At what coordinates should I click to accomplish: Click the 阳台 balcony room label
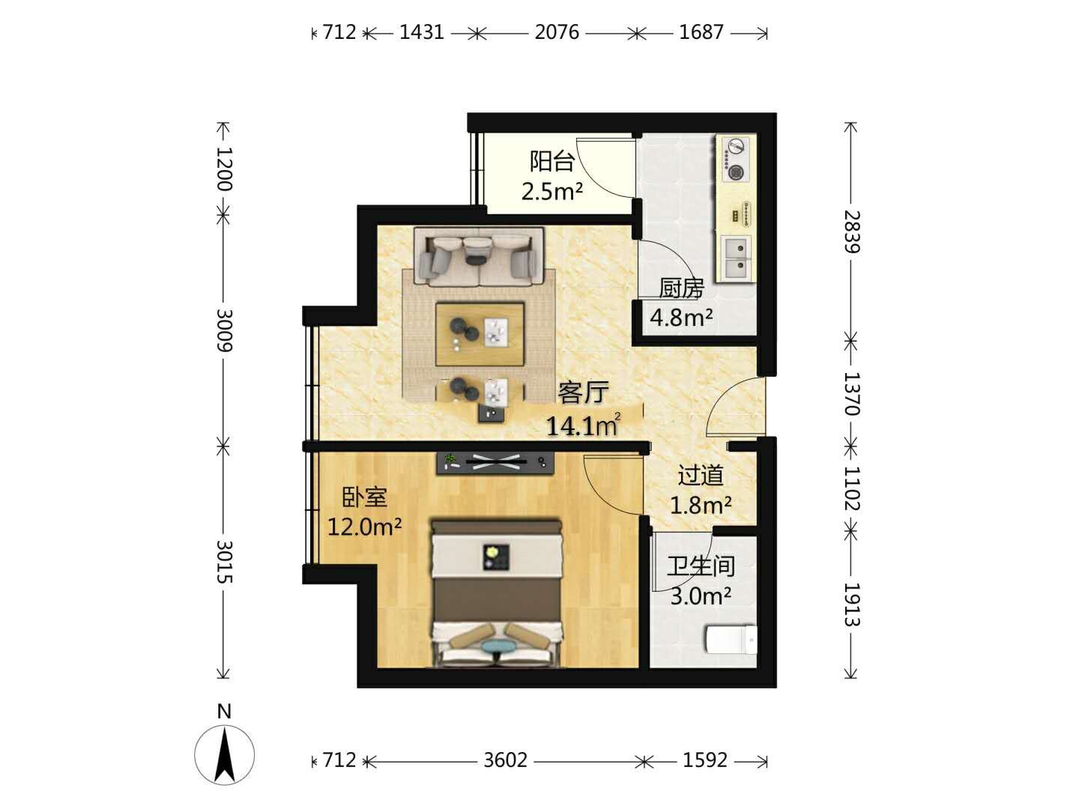pos(551,161)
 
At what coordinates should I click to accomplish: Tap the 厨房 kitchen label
pos(681,289)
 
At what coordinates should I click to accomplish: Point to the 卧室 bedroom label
pos(364,497)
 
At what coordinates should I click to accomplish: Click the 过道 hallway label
pos(701,476)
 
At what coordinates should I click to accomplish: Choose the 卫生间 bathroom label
pos(701,566)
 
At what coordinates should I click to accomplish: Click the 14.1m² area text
pos(583,425)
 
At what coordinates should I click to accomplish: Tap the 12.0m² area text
pos(364,527)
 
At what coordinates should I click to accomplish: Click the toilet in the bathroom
pos(731,639)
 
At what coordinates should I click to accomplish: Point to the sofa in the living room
pos(479,256)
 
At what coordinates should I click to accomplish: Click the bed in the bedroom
pos(497,593)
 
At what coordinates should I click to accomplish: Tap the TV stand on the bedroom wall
pos(495,462)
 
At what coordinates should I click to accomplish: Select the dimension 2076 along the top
pos(557,32)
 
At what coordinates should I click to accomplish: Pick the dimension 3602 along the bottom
pos(505,760)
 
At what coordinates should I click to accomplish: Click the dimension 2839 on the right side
pos(852,232)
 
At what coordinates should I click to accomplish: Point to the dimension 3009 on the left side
pos(224,330)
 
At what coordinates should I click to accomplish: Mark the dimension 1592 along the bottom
pos(705,760)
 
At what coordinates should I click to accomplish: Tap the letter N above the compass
pos(224,712)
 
